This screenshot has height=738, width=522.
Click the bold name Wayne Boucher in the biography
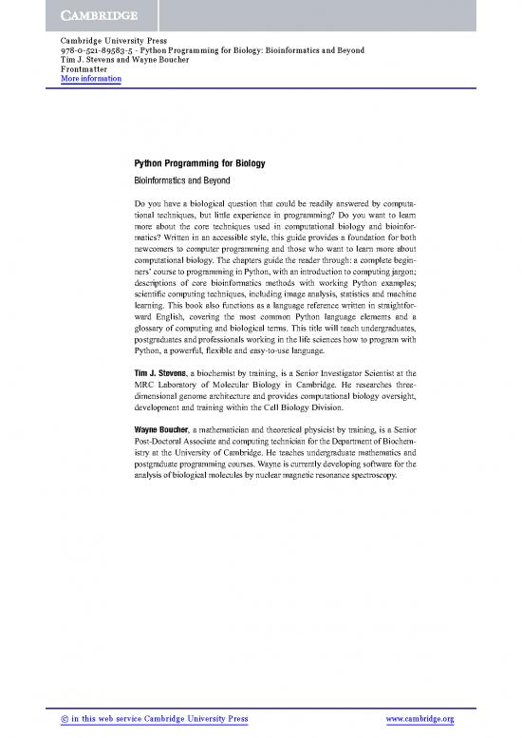coord(162,430)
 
